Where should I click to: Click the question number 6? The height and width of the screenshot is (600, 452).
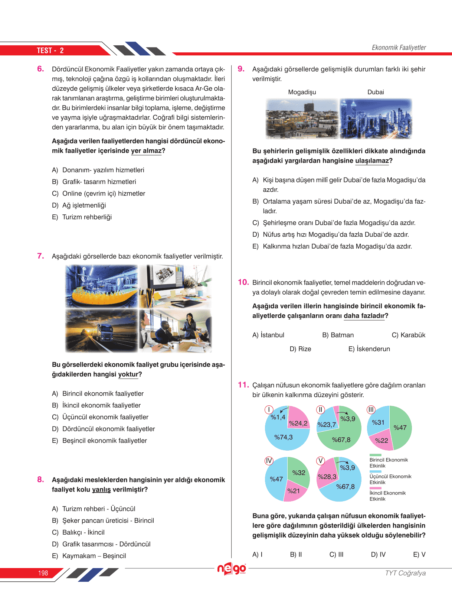40,69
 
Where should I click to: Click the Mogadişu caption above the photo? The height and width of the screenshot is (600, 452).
302,92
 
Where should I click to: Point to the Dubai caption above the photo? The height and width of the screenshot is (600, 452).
376,92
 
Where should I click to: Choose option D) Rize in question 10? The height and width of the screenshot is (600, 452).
300,349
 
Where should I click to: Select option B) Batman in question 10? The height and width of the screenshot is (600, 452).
338,335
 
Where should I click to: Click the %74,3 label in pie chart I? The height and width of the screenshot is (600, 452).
284,437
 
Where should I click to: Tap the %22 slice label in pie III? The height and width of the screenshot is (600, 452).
381,441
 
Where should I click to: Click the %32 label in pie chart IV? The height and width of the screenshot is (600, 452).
299,473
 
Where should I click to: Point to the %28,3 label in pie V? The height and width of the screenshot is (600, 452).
327,477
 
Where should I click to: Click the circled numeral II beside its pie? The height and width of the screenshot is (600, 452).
320,410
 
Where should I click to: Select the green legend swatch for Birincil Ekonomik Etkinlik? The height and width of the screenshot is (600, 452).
375,455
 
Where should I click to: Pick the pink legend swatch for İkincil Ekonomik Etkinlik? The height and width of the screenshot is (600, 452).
375,488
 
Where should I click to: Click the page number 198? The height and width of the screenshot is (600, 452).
43,573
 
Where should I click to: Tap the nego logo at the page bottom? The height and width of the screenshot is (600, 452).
232,569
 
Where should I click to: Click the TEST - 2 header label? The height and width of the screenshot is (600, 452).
50,51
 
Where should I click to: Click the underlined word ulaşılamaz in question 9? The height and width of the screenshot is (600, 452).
372,161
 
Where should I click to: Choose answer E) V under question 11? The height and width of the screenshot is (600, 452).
419,554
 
